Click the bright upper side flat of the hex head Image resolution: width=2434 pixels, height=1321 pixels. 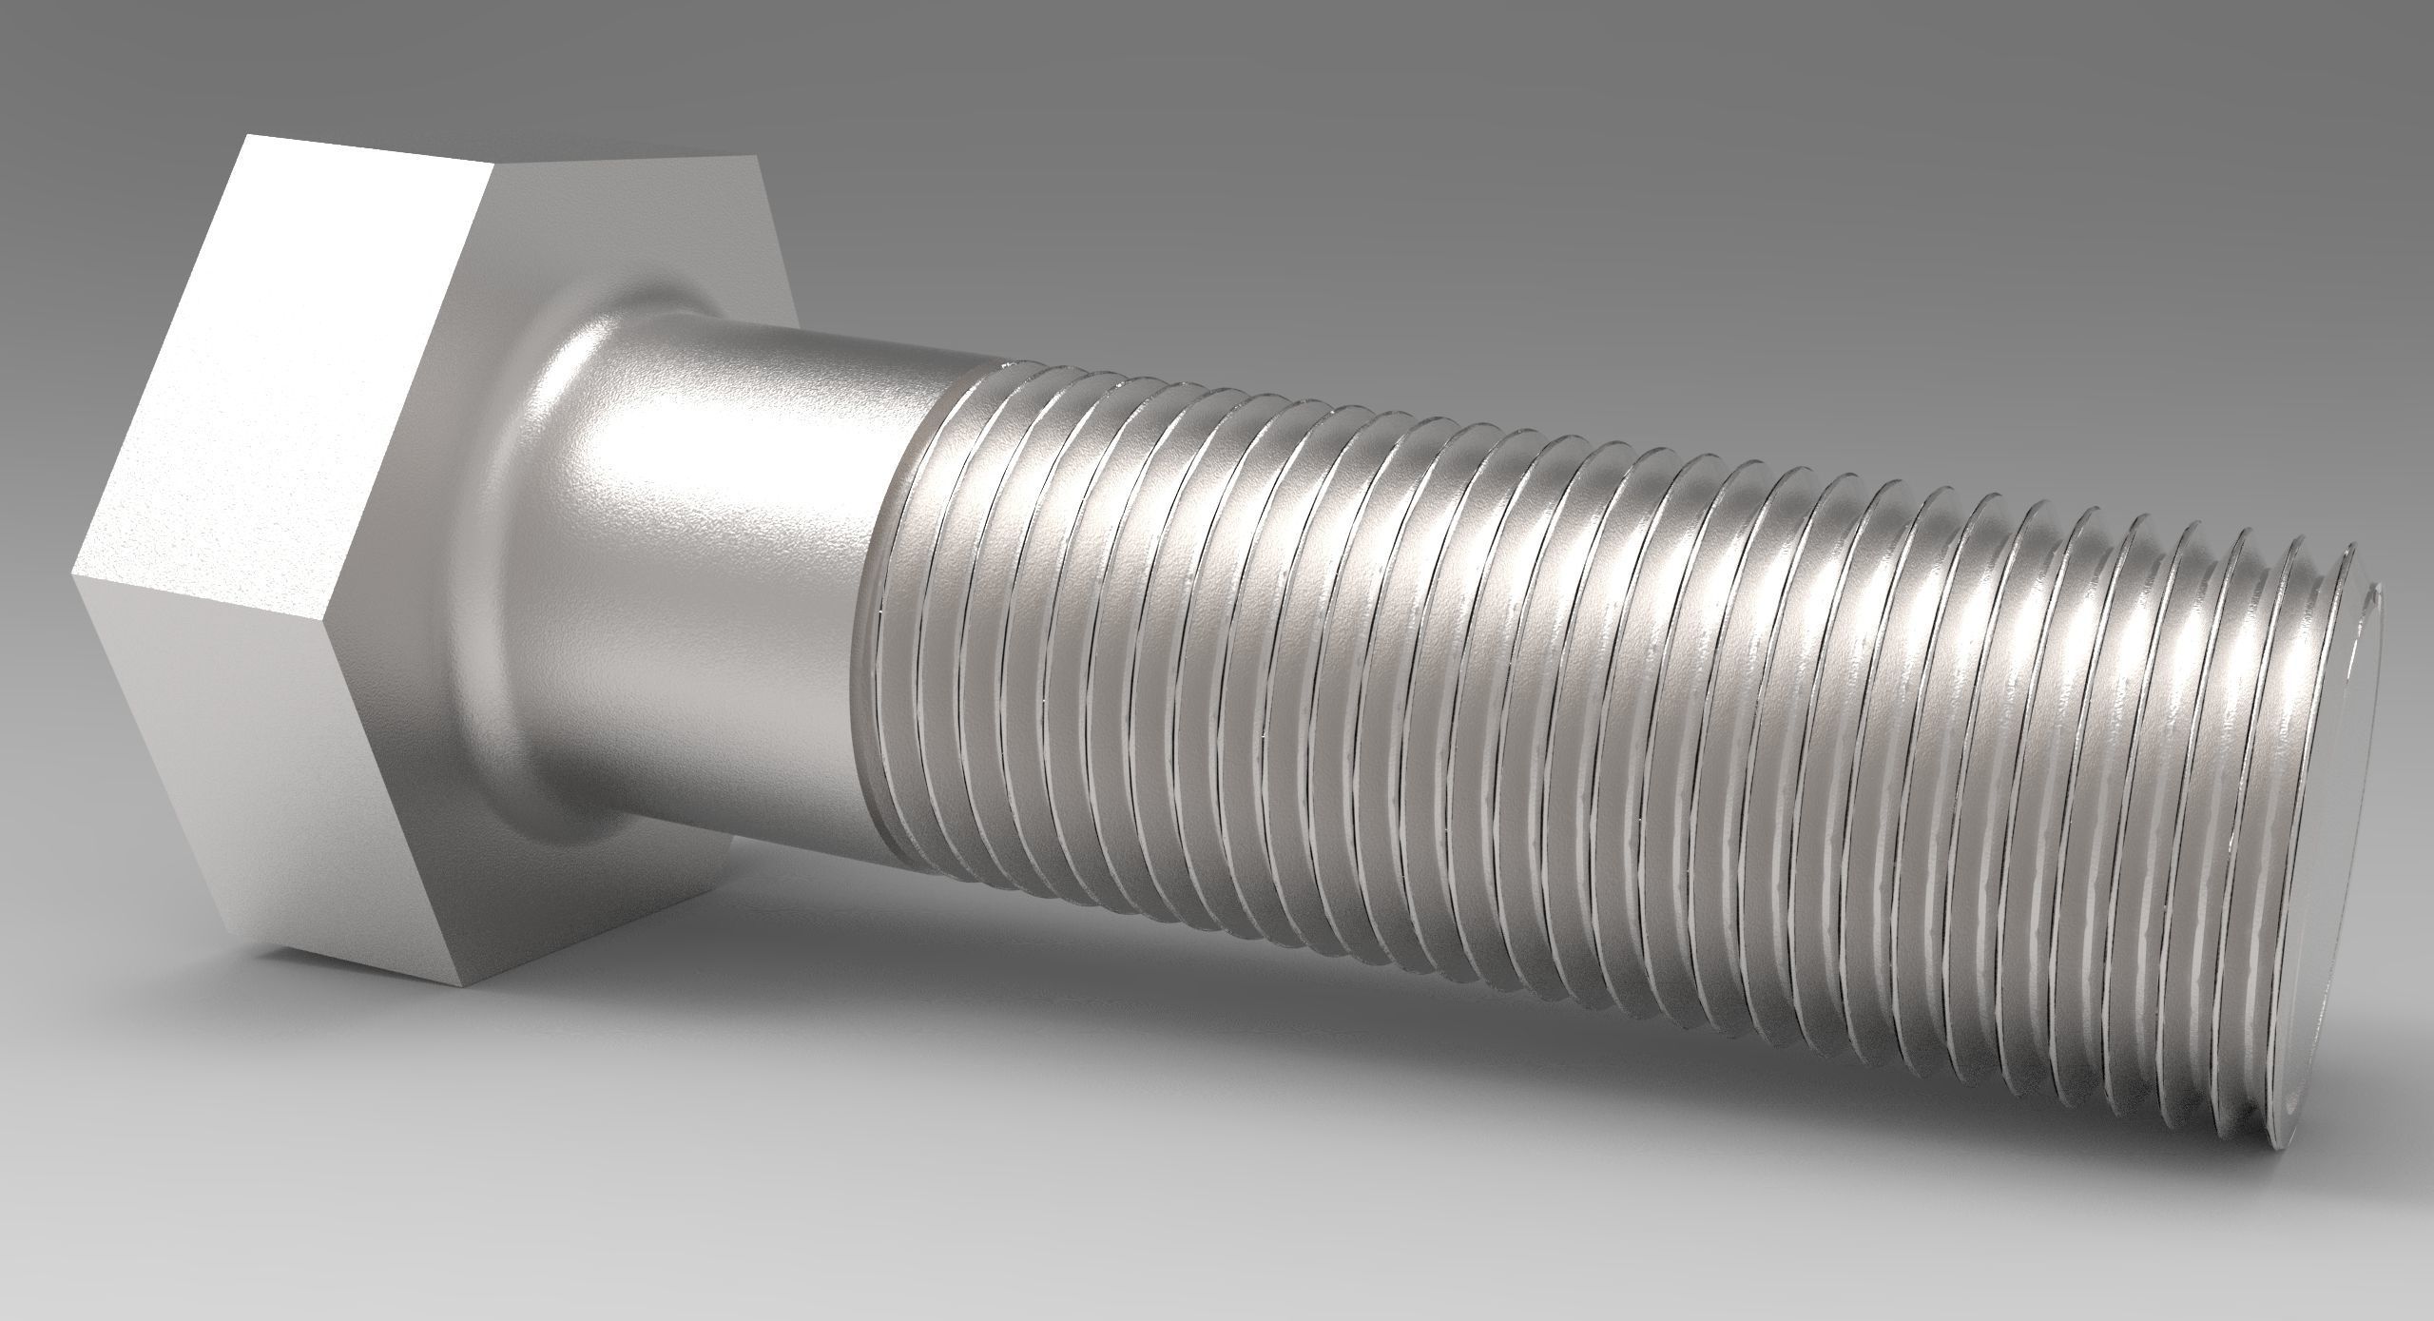coord(276,361)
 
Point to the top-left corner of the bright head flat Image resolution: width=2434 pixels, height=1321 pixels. coord(246,135)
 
